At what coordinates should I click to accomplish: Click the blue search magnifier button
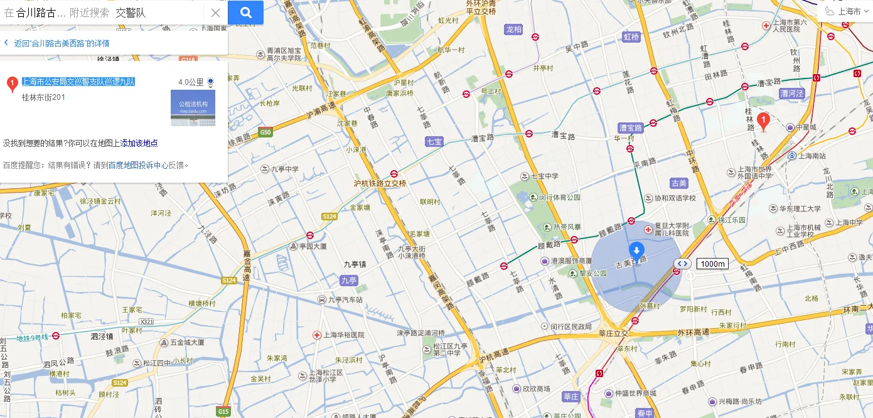(x=245, y=12)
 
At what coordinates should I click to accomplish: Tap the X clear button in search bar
(x=215, y=13)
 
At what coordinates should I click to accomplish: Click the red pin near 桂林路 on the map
(x=763, y=121)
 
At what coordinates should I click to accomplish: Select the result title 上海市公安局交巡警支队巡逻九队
(x=78, y=82)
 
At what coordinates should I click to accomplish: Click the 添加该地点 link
(x=139, y=143)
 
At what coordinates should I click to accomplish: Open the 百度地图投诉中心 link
(x=138, y=166)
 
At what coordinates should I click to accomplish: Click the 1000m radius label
(x=712, y=264)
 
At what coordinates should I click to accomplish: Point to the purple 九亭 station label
(x=348, y=281)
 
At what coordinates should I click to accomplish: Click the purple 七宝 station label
(x=434, y=142)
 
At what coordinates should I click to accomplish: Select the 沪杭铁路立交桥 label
(x=380, y=183)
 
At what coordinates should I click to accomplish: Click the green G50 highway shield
(x=266, y=132)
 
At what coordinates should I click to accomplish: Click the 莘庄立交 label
(x=613, y=334)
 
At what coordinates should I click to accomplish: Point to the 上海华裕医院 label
(x=343, y=335)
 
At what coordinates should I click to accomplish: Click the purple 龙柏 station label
(x=513, y=29)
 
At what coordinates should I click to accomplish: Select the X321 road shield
(x=147, y=321)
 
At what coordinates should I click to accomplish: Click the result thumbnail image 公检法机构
(x=193, y=107)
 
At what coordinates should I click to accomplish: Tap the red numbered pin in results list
(x=11, y=84)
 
